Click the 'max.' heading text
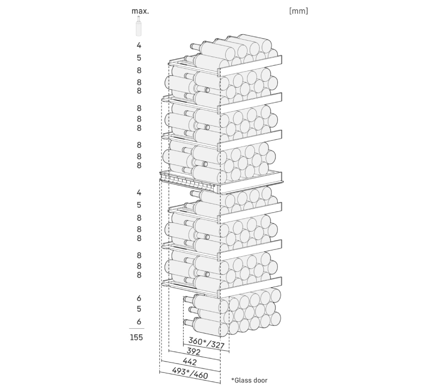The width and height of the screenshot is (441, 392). click(x=140, y=11)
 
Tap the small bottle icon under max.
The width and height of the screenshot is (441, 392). click(x=138, y=26)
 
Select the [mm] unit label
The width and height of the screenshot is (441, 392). click(x=298, y=11)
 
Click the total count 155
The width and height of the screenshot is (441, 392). click(x=136, y=337)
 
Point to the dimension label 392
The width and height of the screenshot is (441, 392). click(x=194, y=351)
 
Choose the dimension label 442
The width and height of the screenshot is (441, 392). click(x=190, y=361)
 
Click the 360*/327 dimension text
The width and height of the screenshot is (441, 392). click(x=206, y=343)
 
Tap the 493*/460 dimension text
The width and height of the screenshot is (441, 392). click(x=190, y=373)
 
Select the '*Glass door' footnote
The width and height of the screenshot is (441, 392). click(x=249, y=380)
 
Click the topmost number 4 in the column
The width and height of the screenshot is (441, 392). click(x=139, y=45)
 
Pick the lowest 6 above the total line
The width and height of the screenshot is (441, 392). click(x=139, y=321)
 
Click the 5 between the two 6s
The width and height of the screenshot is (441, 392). click(x=139, y=309)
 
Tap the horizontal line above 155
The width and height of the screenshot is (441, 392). click(x=137, y=328)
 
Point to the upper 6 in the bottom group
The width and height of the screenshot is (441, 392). click(x=139, y=298)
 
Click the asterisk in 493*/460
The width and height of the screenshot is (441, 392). click(x=187, y=371)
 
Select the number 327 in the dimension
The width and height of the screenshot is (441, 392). click(x=217, y=345)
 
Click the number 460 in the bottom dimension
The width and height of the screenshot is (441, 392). click(x=201, y=375)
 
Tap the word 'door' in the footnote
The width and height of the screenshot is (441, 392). click(x=260, y=380)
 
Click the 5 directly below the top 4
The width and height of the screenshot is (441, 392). click(x=139, y=58)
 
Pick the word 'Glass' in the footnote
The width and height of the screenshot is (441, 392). click(x=242, y=380)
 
